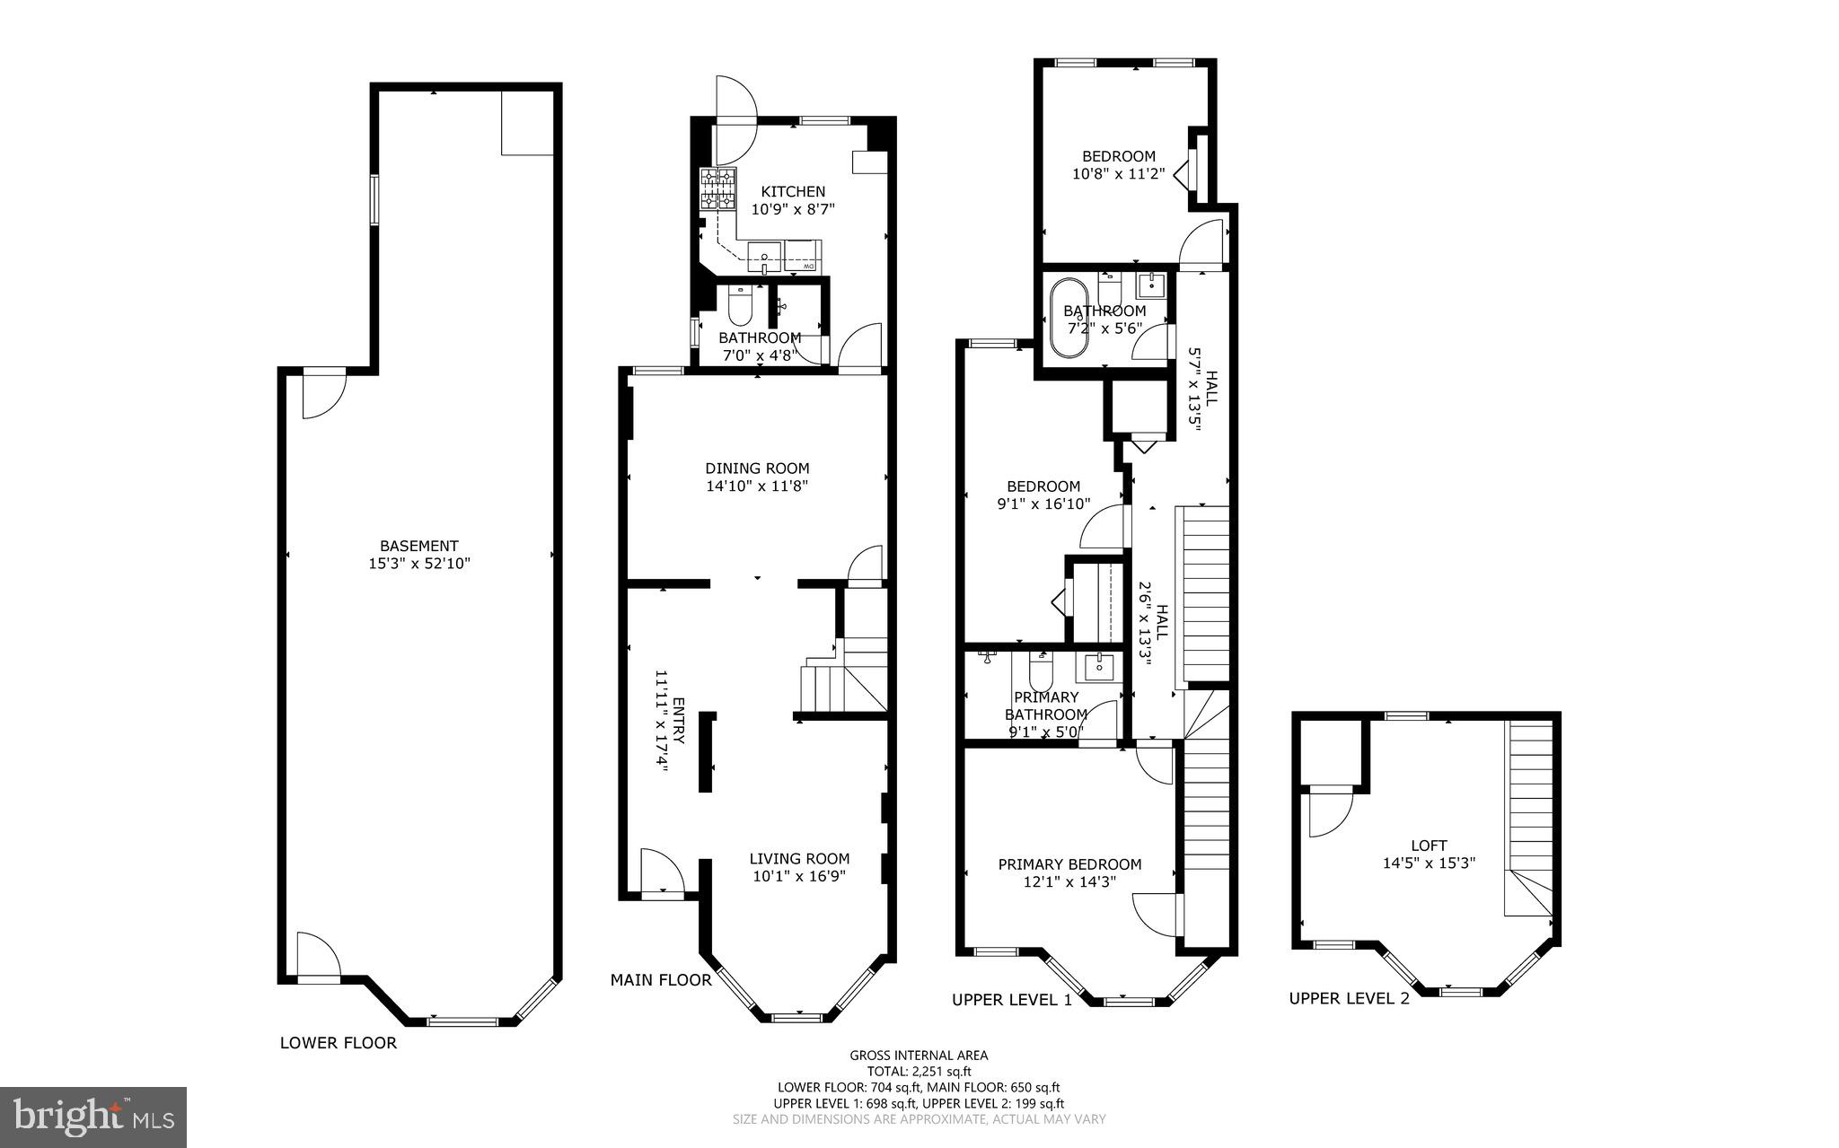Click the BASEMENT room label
[419, 546]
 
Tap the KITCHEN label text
[793, 191]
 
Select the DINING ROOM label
[757, 468]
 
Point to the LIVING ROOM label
[799, 858]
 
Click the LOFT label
[1429, 845]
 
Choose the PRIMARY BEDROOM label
[1069, 864]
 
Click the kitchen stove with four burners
[717, 188]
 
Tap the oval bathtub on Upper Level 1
[1069, 319]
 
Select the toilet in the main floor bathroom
[740, 305]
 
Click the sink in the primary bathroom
[1099, 666]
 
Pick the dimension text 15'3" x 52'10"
[419, 564]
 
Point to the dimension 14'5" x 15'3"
[1429, 863]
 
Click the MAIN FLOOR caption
[661, 980]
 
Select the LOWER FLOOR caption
[338, 1043]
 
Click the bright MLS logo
[92, 1117]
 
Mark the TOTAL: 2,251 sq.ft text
[919, 1071]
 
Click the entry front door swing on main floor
[663, 872]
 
